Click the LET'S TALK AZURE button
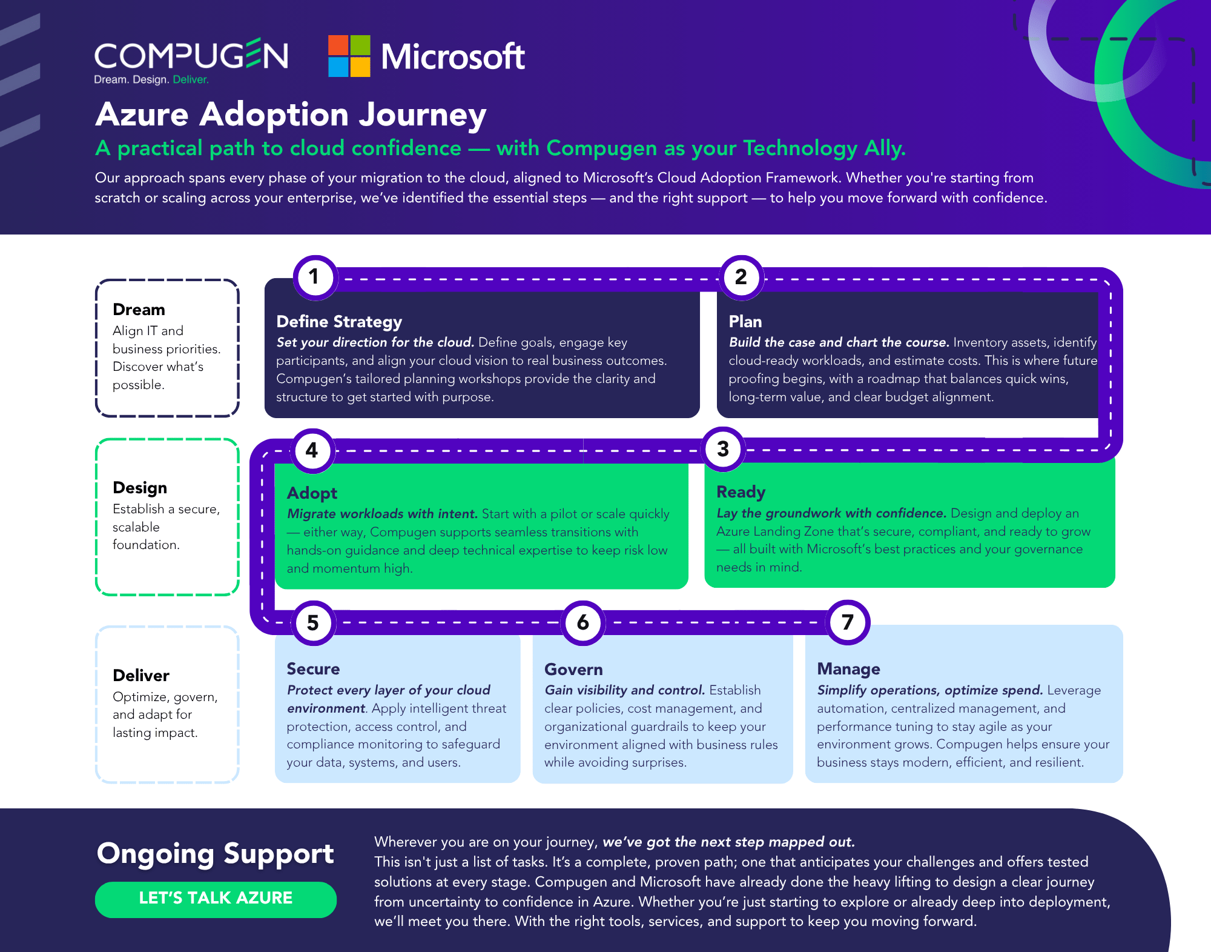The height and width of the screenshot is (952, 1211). coord(216,899)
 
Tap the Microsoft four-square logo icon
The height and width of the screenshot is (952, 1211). coord(349,56)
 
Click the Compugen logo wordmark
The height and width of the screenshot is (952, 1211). coord(191,56)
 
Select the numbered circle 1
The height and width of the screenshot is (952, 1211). coord(315,278)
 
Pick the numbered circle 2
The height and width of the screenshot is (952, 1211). coord(741,278)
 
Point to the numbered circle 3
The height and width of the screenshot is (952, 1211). coord(723,450)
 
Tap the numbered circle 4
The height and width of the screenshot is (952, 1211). coord(312,450)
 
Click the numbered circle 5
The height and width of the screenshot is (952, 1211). coord(313,623)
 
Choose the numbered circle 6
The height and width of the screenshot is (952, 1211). coord(582,622)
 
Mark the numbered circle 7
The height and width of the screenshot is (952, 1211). coord(848,622)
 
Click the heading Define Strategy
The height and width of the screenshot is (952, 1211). coord(339,322)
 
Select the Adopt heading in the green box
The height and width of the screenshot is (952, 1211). coord(312,493)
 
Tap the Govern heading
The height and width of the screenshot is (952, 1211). coord(573,670)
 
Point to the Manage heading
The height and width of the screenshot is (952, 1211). coord(848,669)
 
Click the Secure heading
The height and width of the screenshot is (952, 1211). coord(313,669)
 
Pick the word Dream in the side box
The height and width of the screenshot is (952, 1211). coord(139,310)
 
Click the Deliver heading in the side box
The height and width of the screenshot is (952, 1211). coord(141,676)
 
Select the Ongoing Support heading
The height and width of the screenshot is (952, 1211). coord(215,854)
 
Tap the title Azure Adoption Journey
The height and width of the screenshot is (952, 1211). coord(291,115)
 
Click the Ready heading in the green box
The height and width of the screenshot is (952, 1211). coord(741,492)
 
